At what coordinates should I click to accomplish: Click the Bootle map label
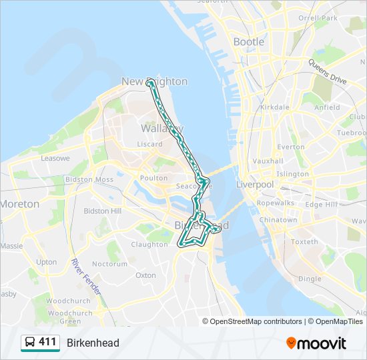pyautogui.click(x=248, y=42)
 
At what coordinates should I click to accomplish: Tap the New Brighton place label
pyautogui.click(x=154, y=81)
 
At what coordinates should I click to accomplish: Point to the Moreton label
pyautogui.click(x=19, y=204)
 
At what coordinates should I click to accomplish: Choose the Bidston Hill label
pyautogui.click(x=102, y=211)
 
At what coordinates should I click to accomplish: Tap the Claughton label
pyautogui.click(x=149, y=245)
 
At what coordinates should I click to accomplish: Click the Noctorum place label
pyautogui.click(x=109, y=264)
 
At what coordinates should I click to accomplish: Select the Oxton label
pyautogui.click(x=145, y=275)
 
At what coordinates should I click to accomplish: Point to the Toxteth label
pyautogui.click(x=304, y=241)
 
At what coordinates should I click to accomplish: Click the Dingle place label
pyautogui.click(x=310, y=279)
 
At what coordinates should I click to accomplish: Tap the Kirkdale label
pyautogui.click(x=275, y=107)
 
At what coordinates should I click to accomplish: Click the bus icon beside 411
pyautogui.click(x=29, y=343)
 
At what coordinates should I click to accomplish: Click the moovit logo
pyautogui.click(x=316, y=343)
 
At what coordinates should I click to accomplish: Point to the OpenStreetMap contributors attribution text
pyautogui.click(x=256, y=321)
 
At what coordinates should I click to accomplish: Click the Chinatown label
pyautogui.click(x=278, y=220)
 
